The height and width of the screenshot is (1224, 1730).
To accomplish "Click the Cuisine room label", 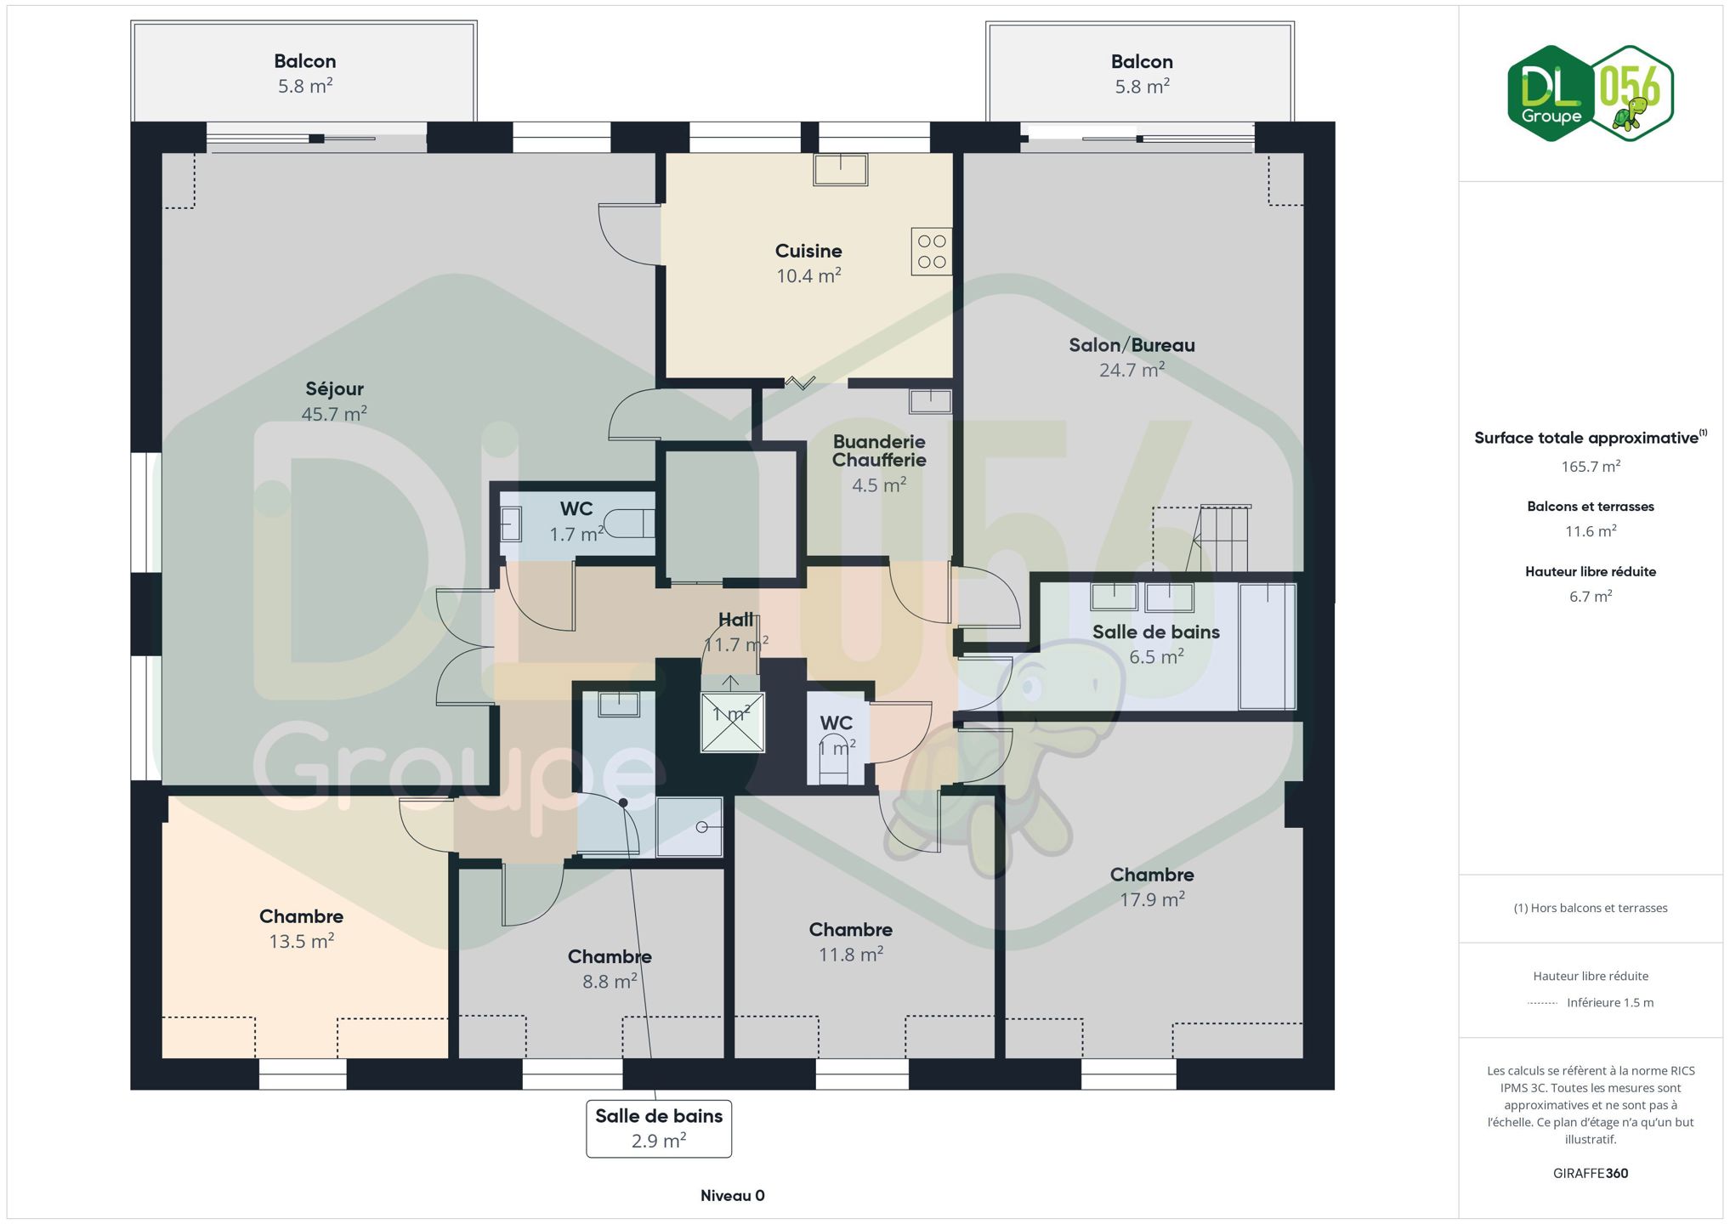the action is tap(808, 251).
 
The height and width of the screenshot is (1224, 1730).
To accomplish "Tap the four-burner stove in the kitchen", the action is tap(932, 252).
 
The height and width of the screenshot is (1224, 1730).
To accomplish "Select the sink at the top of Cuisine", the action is tap(840, 169).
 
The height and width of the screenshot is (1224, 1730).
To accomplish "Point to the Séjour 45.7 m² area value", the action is tap(334, 414).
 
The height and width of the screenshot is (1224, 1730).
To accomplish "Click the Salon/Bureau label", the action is tap(1132, 345).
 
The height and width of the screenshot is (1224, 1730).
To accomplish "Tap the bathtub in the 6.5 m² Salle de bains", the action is tap(1267, 646).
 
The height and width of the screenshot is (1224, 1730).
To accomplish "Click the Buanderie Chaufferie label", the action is tap(879, 450).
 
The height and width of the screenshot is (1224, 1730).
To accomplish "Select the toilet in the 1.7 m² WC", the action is tap(629, 524).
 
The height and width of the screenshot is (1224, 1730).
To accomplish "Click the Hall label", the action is tap(735, 620).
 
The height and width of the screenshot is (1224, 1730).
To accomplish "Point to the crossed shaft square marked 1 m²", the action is tap(732, 722).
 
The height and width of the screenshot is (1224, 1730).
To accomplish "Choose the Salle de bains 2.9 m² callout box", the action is tap(659, 1129).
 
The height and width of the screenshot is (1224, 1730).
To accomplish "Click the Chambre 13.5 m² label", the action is tap(301, 916).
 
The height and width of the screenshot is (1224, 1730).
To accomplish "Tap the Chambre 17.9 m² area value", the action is tap(1152, 899).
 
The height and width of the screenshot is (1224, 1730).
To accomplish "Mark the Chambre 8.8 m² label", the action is tap(610, 956).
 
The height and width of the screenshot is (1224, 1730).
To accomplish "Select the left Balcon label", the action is tap(305, 61).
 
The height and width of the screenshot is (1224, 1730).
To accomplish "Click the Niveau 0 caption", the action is tap(733, 1196).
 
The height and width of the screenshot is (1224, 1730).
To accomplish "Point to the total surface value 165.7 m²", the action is tap(1591, 467).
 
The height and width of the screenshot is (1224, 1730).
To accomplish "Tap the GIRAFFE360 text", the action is tap(1591, 1174).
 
